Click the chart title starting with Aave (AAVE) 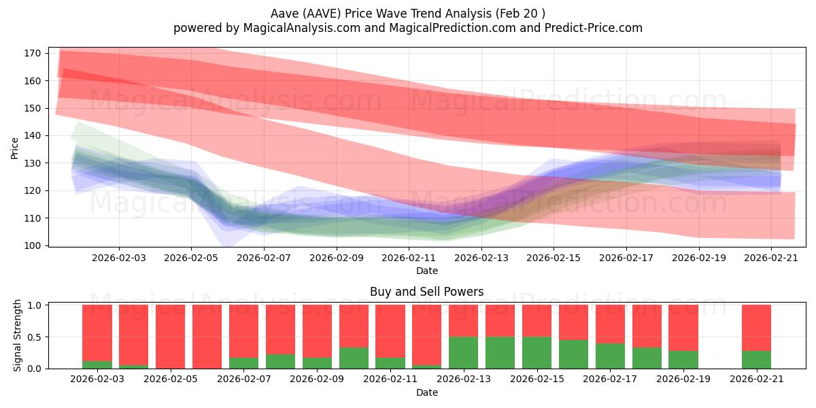[407, 14]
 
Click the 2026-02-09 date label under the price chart [336, 258]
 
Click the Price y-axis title [15, 148]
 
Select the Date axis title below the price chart [426, 271]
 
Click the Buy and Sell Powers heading [426, 292]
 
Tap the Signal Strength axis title [18, 335]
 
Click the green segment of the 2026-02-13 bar [463, 353]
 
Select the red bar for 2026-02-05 [207, 336]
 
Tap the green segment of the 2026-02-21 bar [756, 360]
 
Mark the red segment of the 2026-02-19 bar [683, 328]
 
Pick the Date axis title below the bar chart [426, 392]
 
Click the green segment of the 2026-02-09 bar [318, 363]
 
